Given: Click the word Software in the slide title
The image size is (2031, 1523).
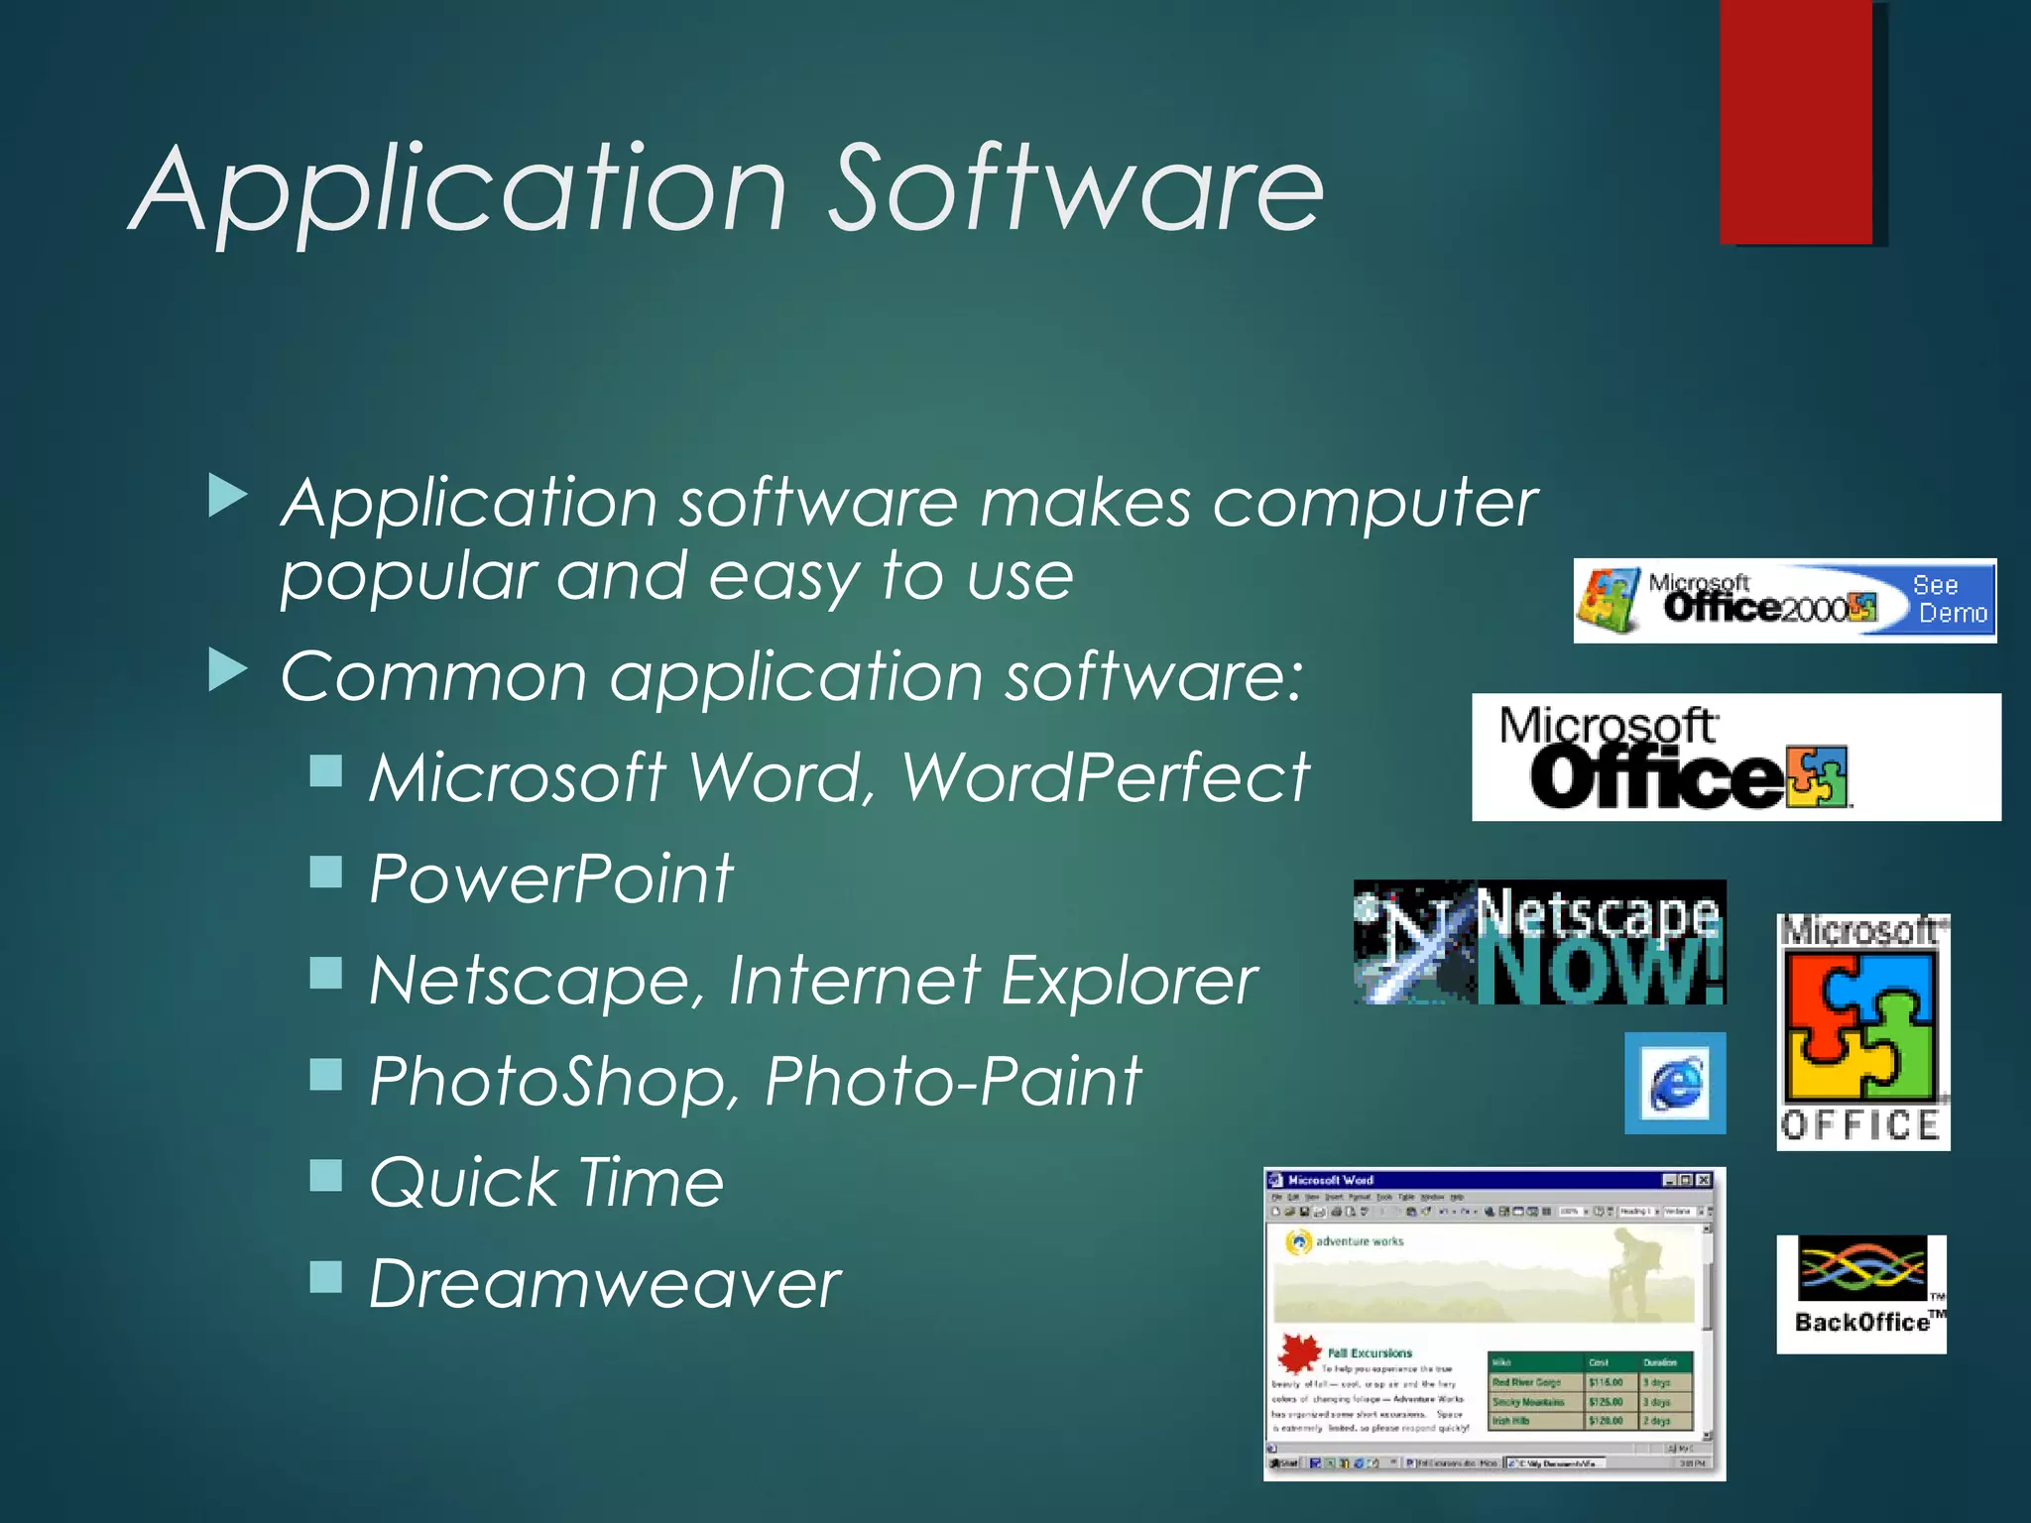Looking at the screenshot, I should tap(1076, 188).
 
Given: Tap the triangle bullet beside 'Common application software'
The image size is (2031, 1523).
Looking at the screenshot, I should tap(228, 671).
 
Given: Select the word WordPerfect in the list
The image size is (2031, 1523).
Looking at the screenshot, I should tap(1106, 776).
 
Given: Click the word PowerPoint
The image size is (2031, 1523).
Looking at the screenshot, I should tap(550, 879).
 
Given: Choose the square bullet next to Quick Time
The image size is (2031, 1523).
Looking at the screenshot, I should tap(325, 1176).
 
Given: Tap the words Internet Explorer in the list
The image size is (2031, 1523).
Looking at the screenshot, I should tap(993, 981).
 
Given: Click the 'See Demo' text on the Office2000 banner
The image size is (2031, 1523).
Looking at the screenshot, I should tap(1951, 600).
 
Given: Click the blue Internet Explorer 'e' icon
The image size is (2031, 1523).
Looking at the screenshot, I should tap(1675, 1083).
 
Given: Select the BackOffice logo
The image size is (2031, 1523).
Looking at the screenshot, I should tap(1861, 1294).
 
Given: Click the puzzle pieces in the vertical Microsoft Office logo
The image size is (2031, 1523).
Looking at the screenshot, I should tap(1861, 1026).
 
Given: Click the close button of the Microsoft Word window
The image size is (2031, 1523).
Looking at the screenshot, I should tap(1703, 1180).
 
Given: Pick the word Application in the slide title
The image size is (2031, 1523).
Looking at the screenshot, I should tap(461, 188).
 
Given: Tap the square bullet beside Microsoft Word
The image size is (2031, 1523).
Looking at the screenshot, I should tap(325, 770).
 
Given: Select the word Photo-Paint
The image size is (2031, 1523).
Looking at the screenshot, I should tap(953, 1081).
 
